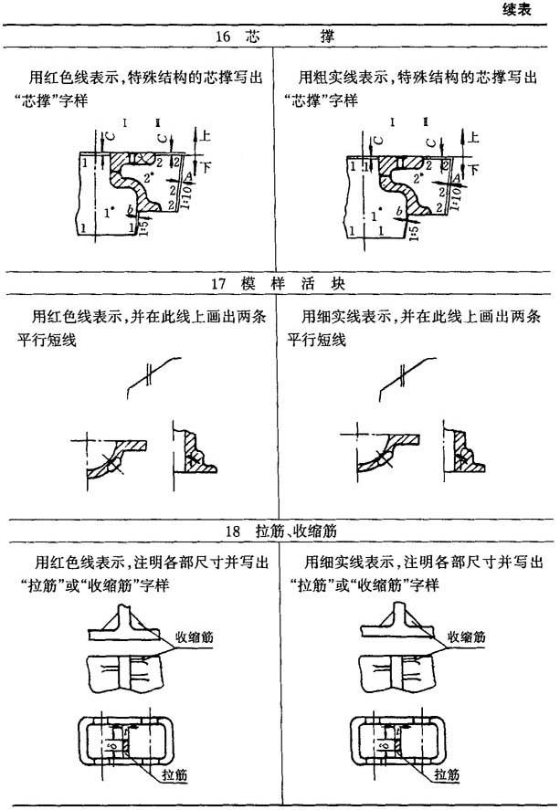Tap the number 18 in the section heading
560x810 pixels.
point(233,530)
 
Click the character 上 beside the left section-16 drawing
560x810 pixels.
point(206,136)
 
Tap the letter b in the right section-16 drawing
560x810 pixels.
point(399,212)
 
